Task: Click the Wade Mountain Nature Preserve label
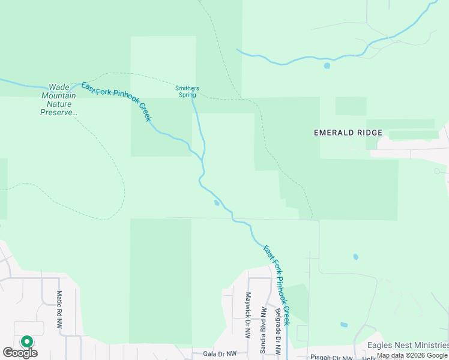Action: click(59, 100)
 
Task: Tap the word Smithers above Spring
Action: click(187, 88)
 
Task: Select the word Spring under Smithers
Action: click(187, 95)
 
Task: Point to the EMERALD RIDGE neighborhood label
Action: click(348, 133)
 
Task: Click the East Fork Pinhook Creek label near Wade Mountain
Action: click(116, 101)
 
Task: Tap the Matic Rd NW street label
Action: click(59, 309)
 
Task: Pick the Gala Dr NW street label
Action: click(220, 354)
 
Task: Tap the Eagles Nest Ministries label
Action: click(407, 345)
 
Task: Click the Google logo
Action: click(20, 353)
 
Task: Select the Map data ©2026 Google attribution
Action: click(412, 355)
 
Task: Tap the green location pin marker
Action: click(26, 341)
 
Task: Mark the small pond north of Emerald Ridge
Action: click(327, 66)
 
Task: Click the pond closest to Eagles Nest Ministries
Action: click(343, 325)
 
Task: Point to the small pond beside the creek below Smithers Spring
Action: click(216, 203)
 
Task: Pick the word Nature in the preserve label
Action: click(59, 104)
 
